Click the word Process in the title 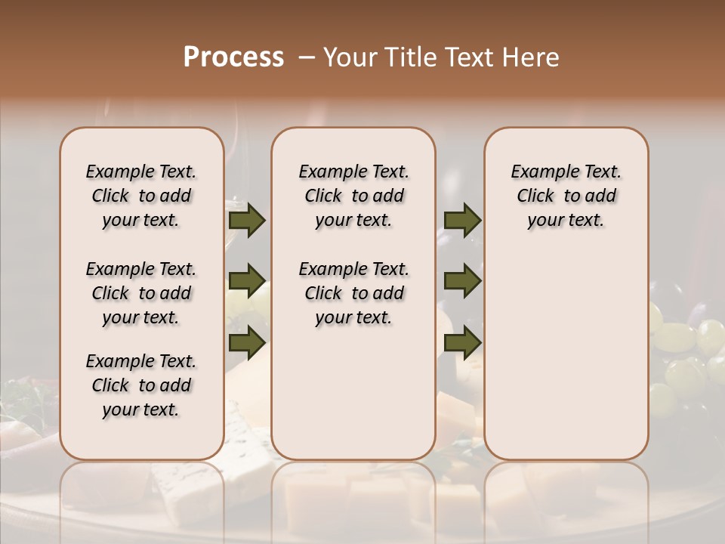233,57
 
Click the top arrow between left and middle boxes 247,221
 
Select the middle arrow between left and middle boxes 247,282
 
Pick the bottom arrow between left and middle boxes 247,342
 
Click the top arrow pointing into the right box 462,221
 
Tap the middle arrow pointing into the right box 462,282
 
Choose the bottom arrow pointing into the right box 462,342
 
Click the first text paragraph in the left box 141,196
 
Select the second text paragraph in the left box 141,293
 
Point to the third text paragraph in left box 141,385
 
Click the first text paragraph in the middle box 353,196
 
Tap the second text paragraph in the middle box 353,293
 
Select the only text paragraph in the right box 566,196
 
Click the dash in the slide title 307,58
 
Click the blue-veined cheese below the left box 249,453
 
